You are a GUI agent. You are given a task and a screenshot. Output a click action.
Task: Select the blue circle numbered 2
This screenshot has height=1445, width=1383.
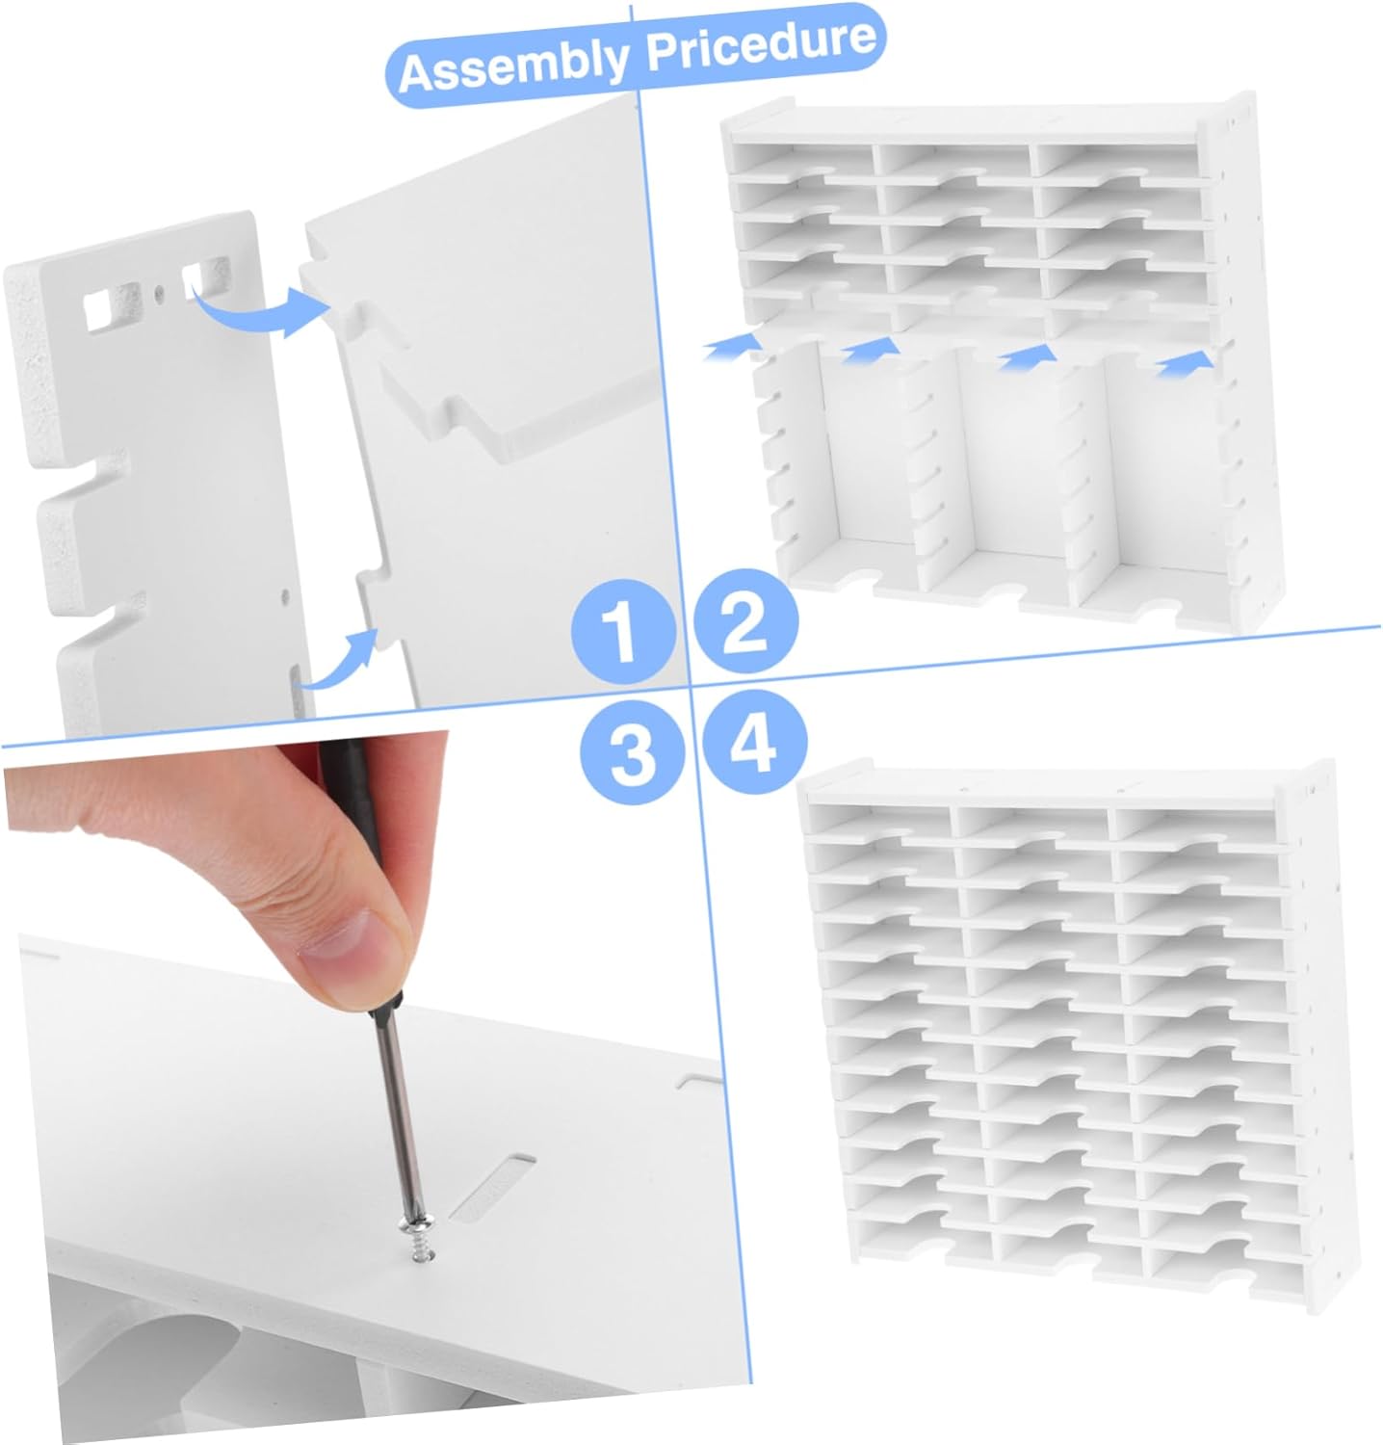coord(745,622)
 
